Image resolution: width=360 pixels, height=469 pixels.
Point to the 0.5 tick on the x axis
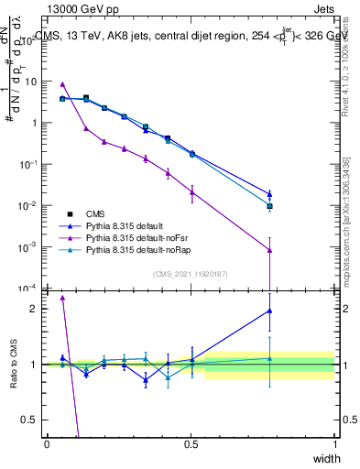coord(191,444)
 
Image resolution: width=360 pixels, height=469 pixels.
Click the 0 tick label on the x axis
coord(47,444)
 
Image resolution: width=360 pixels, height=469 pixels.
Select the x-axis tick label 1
coord(335,444)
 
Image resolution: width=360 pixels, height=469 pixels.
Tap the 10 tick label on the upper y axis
coord(31,82)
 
